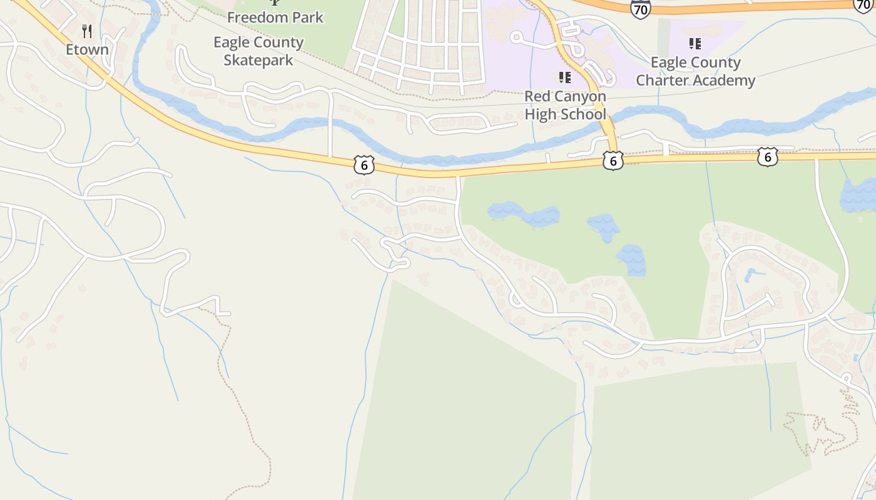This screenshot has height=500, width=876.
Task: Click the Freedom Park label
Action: pyautogui.click(x=275, y=17)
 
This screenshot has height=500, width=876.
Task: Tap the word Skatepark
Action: pyautogui.click(x=258, y=61)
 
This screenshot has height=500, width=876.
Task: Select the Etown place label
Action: pyautogui.click(x=87, y=49)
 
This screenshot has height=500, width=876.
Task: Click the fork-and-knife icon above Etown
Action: pyautogui.click(x=87, y=31)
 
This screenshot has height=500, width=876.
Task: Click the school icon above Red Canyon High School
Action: pyautogui.click(x=565, y=77)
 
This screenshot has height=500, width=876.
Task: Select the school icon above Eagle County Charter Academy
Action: pyautogui.click(x=695, y=43)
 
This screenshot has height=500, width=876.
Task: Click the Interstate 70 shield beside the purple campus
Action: pyautogui.click(x=640, y=9)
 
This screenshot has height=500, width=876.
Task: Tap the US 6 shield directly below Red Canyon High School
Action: pyautogui.click(x=613, y=161)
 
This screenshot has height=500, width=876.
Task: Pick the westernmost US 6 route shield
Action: pyautogui.click(x=364, y=165)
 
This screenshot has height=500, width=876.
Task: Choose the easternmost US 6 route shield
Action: pyautogui.click(x=767, y=157)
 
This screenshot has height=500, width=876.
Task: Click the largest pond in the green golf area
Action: pyautogui.click(x=524, y=214)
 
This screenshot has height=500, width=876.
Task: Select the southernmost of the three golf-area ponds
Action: pyautogui.click(x=631, y=260)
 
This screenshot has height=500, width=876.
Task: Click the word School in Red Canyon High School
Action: pyautogui.click(x=584, y=114)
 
